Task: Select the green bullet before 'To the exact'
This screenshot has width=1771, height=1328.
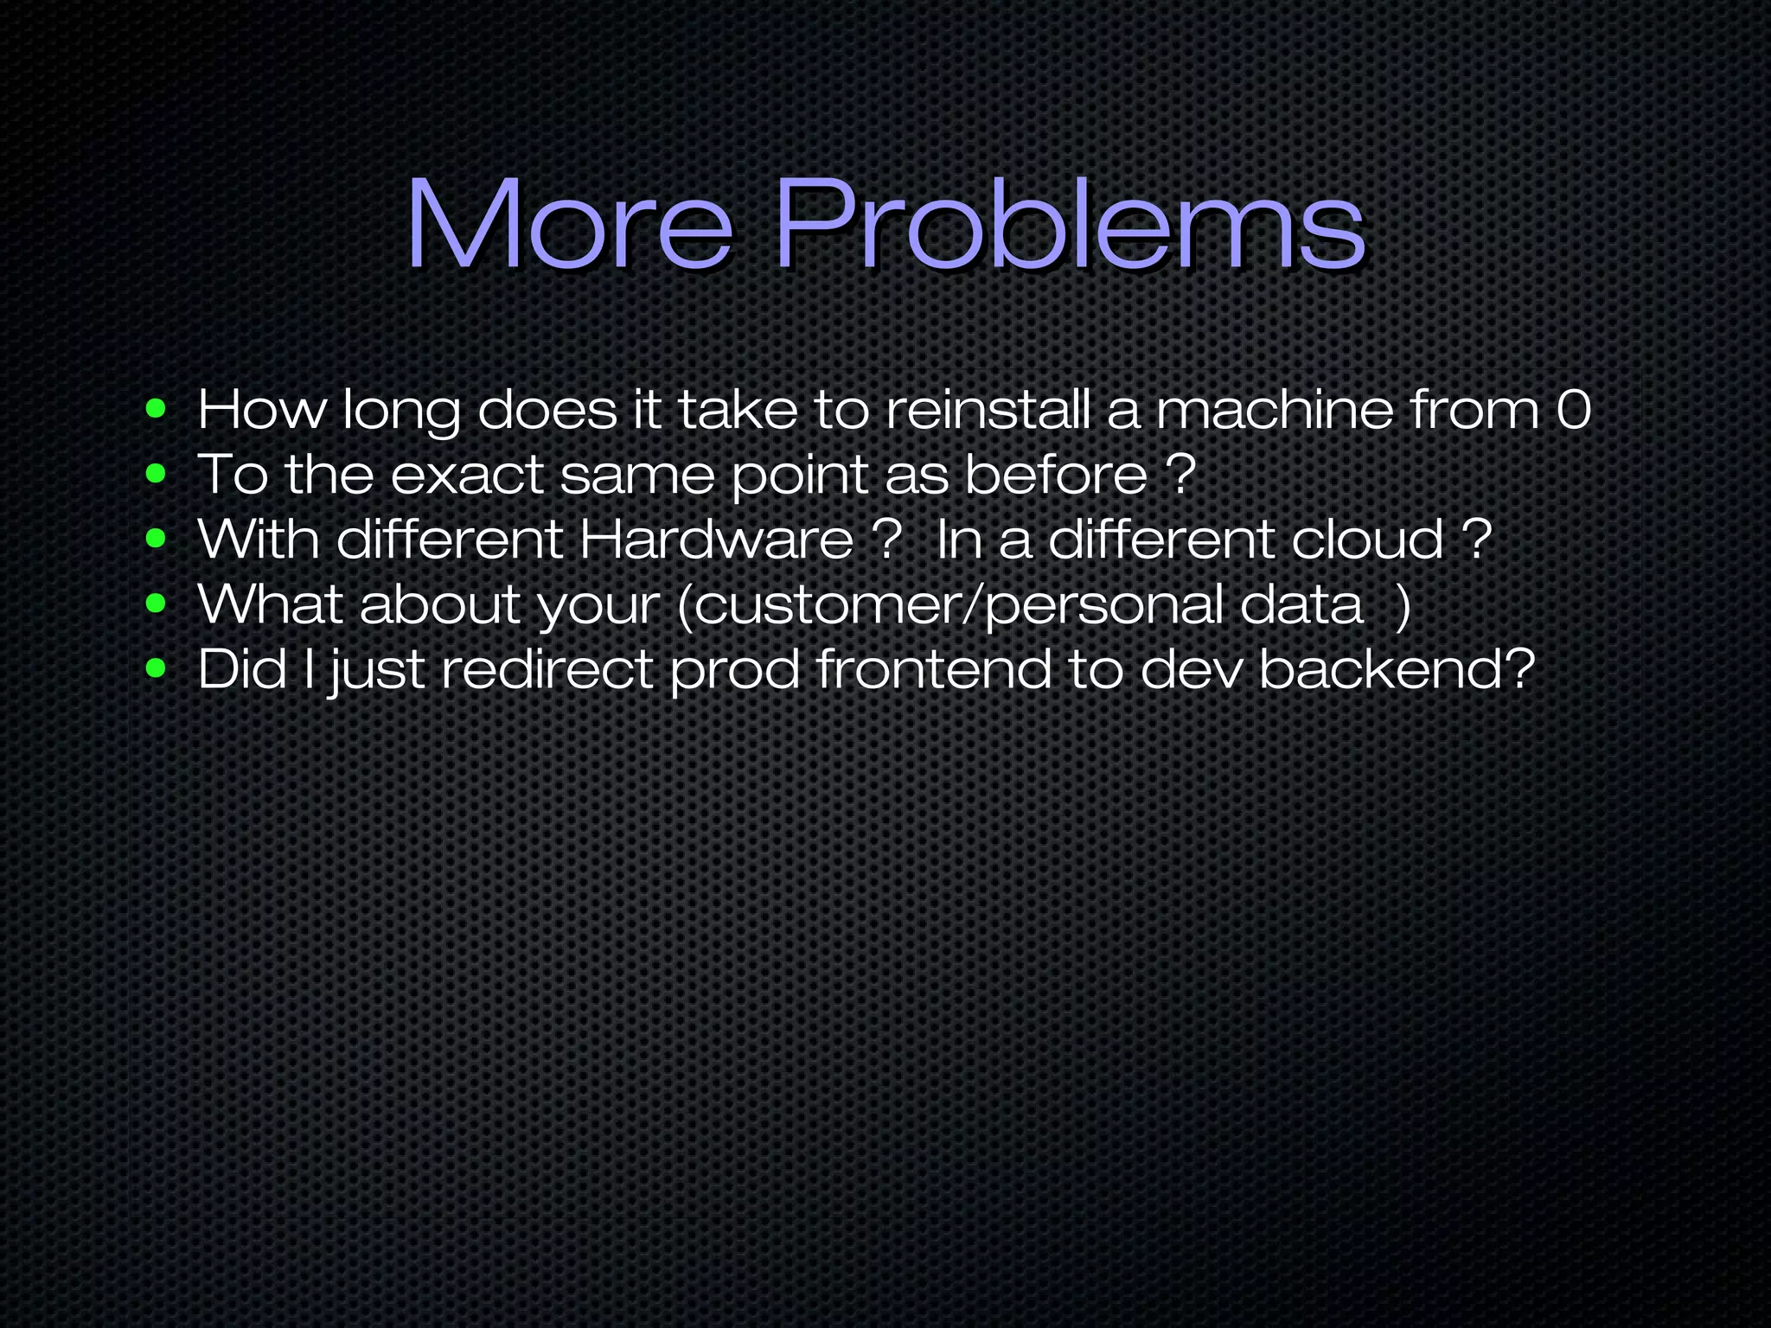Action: pos(156,474)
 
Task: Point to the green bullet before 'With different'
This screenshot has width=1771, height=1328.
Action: pos(156,539)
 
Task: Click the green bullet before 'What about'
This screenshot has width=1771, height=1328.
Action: pos(156,603)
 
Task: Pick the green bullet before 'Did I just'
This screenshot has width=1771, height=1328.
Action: pos(156,668)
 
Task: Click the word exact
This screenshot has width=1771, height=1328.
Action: pos(466,474)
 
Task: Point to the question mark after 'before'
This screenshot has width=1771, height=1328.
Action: pos(1180,474)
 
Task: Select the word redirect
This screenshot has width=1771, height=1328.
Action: pos(547,668)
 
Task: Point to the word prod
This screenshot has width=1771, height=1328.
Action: pos(734,670)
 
